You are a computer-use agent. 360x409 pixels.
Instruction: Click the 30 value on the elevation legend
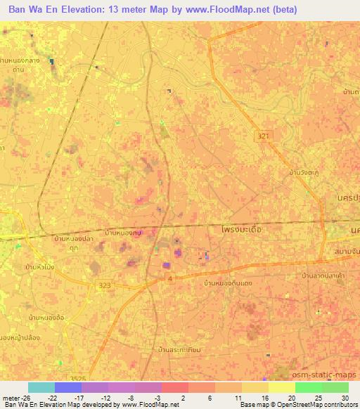[x=344, y=398]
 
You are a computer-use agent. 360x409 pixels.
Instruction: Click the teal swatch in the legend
[x=41, y=387]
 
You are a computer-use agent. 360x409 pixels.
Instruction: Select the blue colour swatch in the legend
[x=67, y=387]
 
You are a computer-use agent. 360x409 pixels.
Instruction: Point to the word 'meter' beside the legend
[x=10, y=398]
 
